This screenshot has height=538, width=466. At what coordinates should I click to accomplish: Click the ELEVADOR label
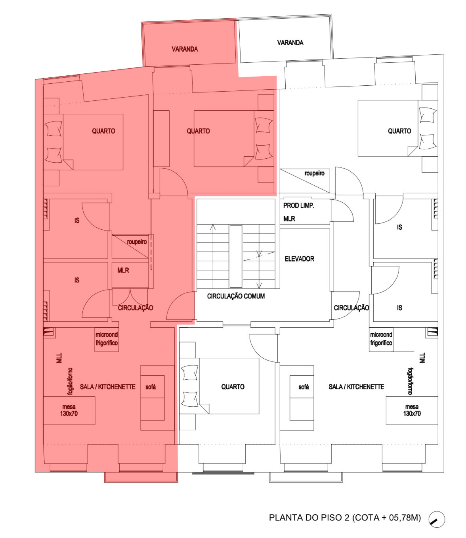click(x=299, y=259)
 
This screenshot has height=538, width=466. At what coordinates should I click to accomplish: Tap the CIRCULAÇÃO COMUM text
click(x=236, y=296)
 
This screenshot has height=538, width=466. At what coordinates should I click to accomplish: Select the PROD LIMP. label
click(x=299, y=206)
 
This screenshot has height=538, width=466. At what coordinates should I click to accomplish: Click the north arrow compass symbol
click(x=437, y=519)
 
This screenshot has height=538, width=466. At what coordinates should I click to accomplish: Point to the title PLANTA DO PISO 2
click(x=309, y=517)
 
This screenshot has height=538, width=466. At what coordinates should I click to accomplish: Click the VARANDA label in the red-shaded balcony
click(x=185, y=49)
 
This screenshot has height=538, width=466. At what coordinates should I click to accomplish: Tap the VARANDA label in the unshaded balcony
click(x=290, y=42)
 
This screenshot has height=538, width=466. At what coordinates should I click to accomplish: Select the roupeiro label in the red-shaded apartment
click(x=137, y=242)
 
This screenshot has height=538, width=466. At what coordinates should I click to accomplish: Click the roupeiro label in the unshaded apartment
click(x=314, y=173)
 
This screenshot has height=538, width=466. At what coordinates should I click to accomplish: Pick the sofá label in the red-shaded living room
click(x=151, y=387)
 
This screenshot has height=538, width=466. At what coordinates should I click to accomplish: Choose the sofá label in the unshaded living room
click(x=304, y=387)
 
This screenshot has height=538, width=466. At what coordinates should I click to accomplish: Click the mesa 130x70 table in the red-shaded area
click(x=69, y=410)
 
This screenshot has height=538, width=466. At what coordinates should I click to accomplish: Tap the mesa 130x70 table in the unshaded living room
click(x=412, y=410)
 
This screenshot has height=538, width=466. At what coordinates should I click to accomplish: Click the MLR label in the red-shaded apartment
click(x=123, y=270)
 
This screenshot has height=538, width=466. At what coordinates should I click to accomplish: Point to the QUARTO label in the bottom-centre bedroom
click(x=233, y=387)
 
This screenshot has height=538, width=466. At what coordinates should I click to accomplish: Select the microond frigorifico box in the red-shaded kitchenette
click(x=107, y=340)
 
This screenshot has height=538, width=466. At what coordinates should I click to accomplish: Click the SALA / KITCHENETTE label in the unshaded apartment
click(x=356, y=387)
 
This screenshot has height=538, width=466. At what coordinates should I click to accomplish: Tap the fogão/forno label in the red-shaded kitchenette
click(x=70, y=381)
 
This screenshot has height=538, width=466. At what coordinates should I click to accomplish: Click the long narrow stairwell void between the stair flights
click(x=236, y=256)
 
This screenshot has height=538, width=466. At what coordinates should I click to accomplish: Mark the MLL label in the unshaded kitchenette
click(x=422, y=358)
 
